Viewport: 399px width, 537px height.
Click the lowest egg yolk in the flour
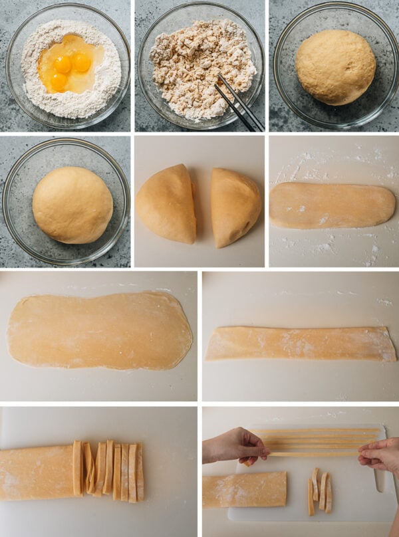pos(58,82)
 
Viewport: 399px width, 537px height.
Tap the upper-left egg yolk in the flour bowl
pos(63,64)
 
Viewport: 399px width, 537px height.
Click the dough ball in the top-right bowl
pos(335,66)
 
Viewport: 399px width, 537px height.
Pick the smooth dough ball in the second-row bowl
pos(72,205)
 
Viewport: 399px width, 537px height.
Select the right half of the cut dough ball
pos(235,206)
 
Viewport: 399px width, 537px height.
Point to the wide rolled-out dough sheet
pos(100,330)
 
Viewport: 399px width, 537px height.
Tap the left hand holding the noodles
pos(236,445)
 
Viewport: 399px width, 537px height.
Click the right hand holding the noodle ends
pos(380,455)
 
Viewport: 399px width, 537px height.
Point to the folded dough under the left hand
pos(244,489)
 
